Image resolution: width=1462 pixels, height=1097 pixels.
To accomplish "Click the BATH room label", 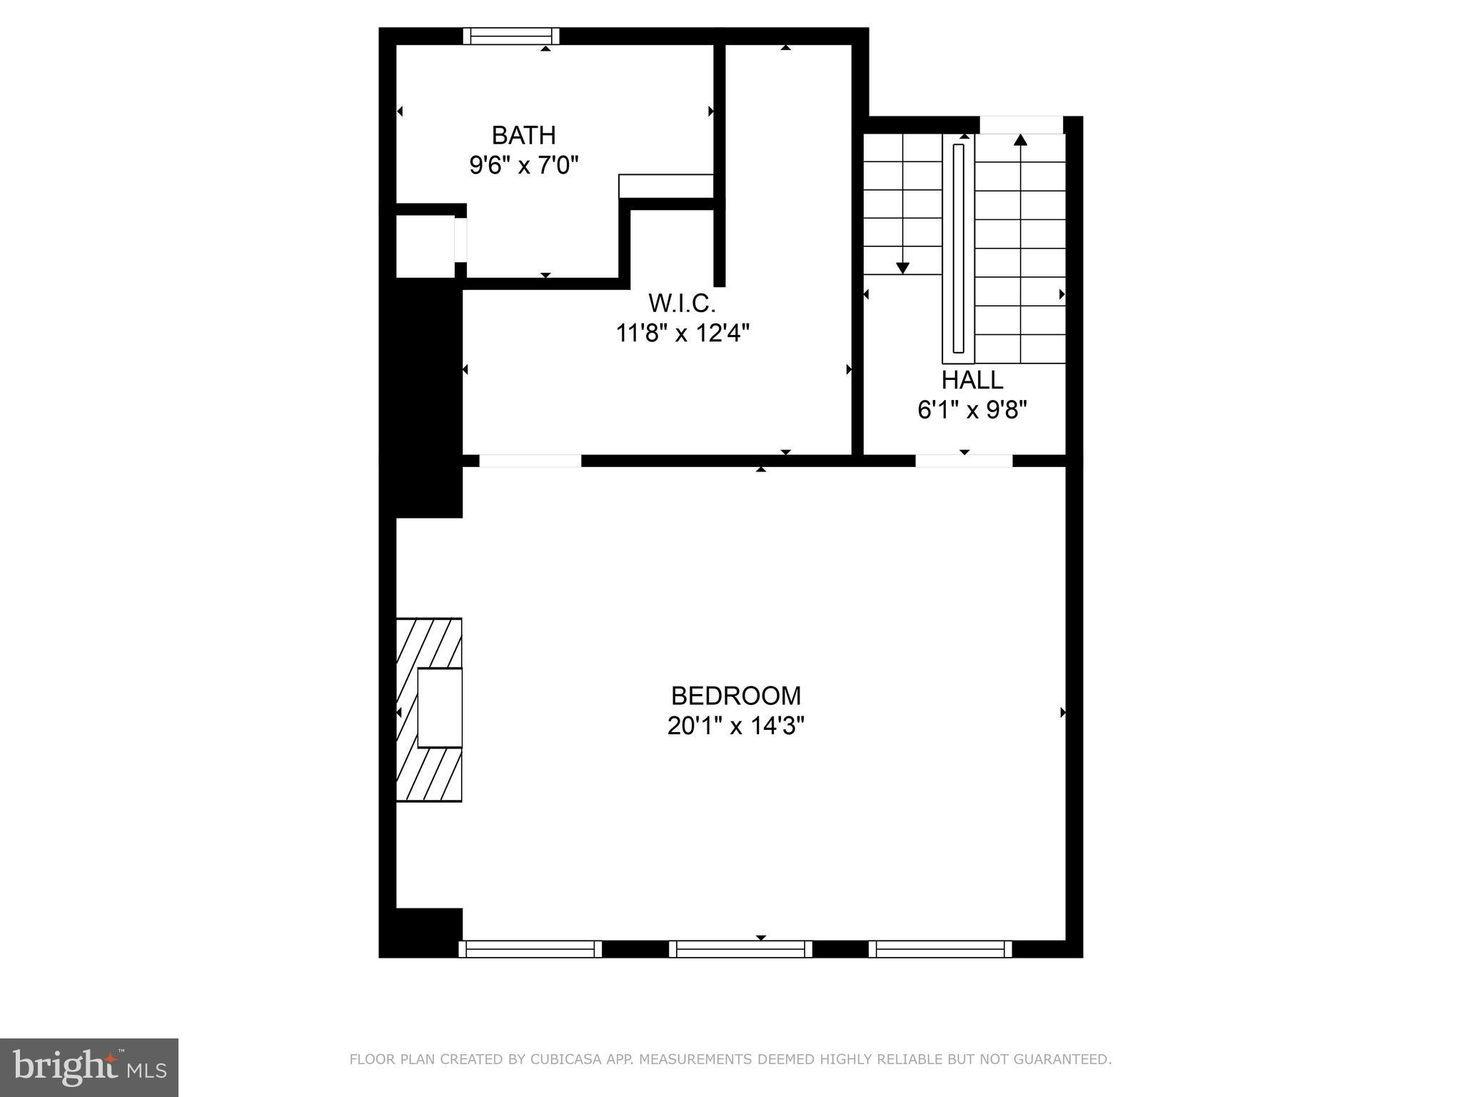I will click(523, 135).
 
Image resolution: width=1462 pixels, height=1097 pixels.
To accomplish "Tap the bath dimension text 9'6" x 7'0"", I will click(523, 166).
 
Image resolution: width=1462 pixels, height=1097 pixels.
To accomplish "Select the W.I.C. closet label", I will click(682, 304).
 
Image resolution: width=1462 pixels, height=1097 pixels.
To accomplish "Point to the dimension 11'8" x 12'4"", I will click(682, 333).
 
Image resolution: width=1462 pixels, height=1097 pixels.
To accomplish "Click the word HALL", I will click(972, 380).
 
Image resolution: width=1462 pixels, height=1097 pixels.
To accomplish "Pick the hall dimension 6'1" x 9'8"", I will click(972, 410).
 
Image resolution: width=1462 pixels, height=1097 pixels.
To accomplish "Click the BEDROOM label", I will click(736, 696).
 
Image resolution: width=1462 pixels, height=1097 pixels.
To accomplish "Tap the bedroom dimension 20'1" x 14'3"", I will click(736, 726).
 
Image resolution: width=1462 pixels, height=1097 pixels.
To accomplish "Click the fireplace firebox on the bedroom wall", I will click(439, 708).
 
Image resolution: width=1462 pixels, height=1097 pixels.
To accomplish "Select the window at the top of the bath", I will click(510, 36).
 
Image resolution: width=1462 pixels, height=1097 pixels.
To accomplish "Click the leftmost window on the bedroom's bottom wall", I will click(530, 948).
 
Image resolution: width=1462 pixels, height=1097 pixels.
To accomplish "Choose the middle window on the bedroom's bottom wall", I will click(740, 948).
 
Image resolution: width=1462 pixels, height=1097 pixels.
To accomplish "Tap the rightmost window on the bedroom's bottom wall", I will click(940, 948).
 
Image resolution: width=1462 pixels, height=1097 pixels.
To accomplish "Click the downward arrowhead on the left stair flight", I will click(902, 268).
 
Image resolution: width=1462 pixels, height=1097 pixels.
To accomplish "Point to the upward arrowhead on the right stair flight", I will click(1020, 140).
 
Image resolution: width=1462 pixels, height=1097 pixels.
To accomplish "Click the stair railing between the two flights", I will click(958, 249).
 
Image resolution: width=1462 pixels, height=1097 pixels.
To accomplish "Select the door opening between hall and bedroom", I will click(964, 461).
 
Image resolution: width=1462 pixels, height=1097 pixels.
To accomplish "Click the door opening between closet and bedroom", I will click(530, 461).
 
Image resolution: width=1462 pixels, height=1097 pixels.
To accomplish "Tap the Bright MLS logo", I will click(89, 1067).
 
